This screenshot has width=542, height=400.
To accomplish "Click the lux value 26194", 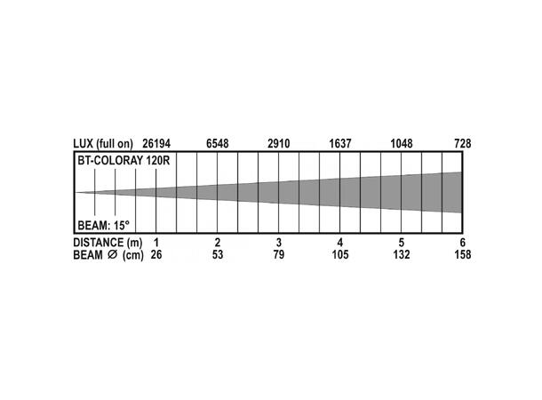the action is click(x=156, y=143).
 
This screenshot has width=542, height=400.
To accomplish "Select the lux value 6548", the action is click(x=218, y=143).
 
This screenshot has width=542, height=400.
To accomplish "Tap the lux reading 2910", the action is click(x=279, y=143).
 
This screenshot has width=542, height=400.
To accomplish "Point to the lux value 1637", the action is click(x=340, y=143).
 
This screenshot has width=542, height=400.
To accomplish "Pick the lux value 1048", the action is click(x=402, y=143).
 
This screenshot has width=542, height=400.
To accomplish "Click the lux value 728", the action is click(x=463, y=143).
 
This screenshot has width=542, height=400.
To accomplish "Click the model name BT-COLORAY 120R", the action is click(x=124, y=161).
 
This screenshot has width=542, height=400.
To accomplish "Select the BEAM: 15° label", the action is click(x=103, y=226).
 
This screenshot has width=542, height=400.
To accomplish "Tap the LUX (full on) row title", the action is click(x=103, y=144).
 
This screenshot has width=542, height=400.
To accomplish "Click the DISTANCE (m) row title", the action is click(x=108, y=243).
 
